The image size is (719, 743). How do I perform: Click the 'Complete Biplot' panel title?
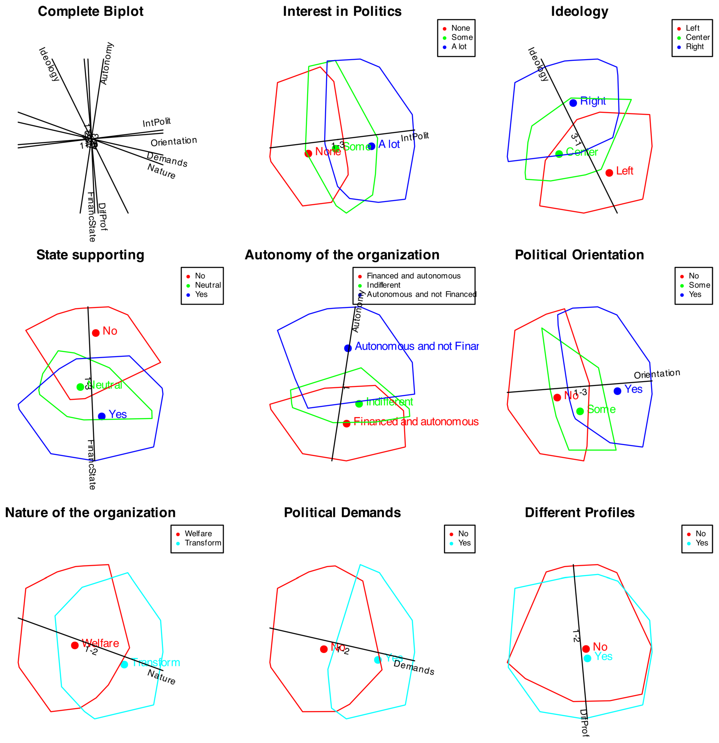pos(91,11)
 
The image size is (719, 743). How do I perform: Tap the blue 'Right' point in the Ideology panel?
pos(573,103)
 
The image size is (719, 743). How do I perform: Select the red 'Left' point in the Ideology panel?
pos(609,173)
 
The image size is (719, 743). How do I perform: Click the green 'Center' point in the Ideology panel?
pos(559,154)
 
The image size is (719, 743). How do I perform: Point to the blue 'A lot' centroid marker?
pos(371,146)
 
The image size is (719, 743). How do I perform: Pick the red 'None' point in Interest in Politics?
pos(308,153)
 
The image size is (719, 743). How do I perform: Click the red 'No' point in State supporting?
pos(95,333)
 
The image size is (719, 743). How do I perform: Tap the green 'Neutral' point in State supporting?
pos(80,387)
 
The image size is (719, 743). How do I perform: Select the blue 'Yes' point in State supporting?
pos(102,416)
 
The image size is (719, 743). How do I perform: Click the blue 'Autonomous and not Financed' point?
pos(348,348)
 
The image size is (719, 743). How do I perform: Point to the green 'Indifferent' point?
pos(359,404)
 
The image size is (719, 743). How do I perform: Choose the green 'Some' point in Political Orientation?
pos(580,411)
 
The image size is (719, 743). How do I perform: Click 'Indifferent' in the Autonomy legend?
pos(383,285)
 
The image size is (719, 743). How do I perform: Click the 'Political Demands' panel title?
pos(342,512)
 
